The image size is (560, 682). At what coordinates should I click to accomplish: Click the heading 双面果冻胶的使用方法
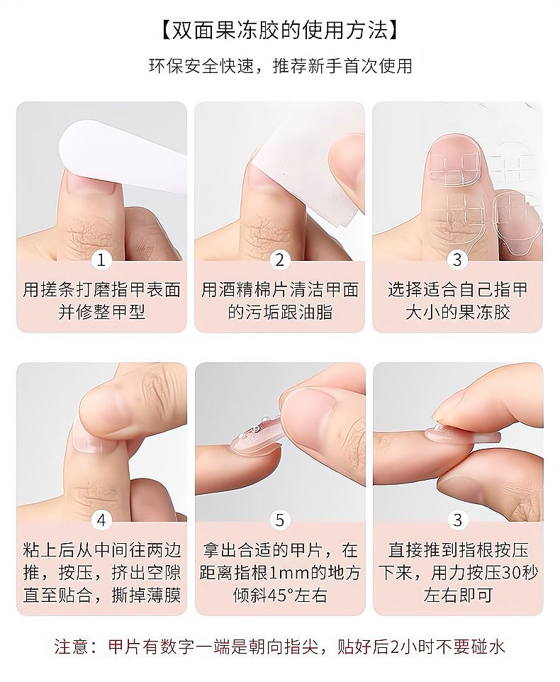click(x=279, y=30)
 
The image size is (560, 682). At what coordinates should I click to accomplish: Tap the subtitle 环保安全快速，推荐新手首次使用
click(x=280, y=66)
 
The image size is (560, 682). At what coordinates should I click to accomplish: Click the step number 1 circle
click(x=101, y=260)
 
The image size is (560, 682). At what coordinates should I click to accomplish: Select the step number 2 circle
click(x=279, y=260)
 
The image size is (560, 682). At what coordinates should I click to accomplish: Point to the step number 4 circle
click(x=101, y=520)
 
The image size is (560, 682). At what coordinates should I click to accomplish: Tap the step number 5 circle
click(x=279, y=520)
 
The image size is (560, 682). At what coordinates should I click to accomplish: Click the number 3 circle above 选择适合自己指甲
click(x=457, y=260)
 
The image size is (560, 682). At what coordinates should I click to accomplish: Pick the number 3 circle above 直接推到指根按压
click(x=457, y=520)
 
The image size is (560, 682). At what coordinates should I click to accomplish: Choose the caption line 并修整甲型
click(x=101, y=313)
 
